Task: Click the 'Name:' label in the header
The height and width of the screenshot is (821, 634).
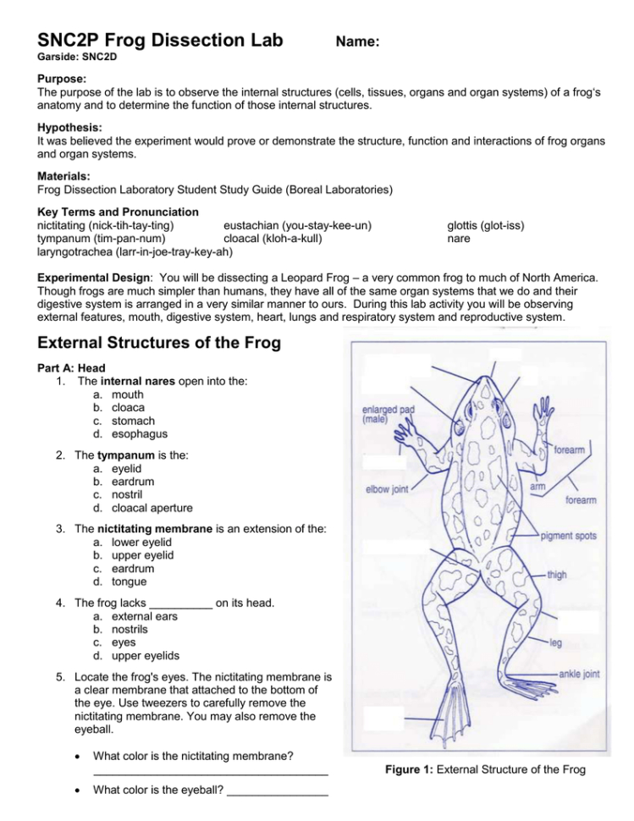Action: [x=357, y=41]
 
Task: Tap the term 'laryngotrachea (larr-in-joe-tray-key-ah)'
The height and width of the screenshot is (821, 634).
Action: [x=135, y=251]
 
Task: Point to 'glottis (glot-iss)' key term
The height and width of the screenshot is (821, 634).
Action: [x=485, y=225]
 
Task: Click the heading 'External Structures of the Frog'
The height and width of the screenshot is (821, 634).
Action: [x=159, y=344]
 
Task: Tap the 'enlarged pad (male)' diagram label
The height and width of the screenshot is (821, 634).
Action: [x=389, y=414]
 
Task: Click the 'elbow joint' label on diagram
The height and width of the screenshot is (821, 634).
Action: [x=387, y=489]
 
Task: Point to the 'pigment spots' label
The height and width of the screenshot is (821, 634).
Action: [x=569, y=536]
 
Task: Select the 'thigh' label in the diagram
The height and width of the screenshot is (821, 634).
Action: [x=557, y=575]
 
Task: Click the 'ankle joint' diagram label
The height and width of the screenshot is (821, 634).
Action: [x=580, y=674]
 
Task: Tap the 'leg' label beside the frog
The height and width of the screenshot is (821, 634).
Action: [x=555, y=643]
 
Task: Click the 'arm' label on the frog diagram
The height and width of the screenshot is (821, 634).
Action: [x=538, y=487]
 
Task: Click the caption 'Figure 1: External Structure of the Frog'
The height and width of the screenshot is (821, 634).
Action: [x=485, y=769]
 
